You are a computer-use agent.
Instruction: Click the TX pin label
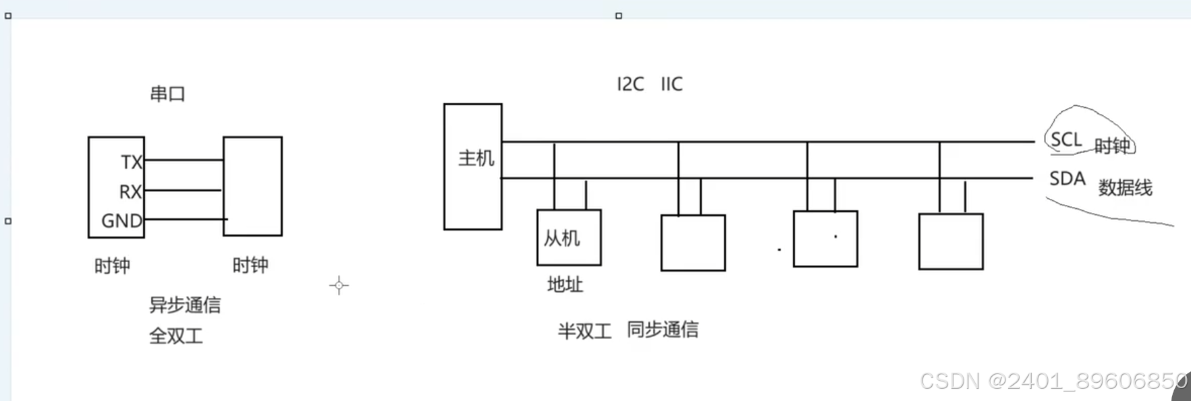coord(132,162)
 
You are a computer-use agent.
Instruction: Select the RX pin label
coord(130,192)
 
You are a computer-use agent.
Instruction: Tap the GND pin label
coord(121,221)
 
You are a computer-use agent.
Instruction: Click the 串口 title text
coord(167,94)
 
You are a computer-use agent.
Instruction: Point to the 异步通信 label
coord(185,305)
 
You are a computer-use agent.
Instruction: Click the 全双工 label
coord(175,336)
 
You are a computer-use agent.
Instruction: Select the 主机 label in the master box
coord(476,158)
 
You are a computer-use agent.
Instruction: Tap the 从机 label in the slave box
coord(561,238)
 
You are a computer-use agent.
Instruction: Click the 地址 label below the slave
coord(565,285)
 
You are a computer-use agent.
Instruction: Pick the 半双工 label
coord(584,331)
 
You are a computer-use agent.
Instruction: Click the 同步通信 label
coord(663,330)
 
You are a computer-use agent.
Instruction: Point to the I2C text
coord(630,84)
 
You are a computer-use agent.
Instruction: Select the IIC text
coord(671,84)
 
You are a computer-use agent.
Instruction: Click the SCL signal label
coord(1066,140)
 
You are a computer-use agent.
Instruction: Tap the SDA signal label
coord(1067,179)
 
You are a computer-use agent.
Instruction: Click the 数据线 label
coord(1125,188)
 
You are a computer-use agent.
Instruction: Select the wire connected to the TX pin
coord(184,160)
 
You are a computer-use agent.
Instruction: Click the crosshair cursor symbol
coord(339,286)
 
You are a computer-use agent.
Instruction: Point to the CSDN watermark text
coord(1053,381)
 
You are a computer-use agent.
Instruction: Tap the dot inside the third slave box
coord(835,237)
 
